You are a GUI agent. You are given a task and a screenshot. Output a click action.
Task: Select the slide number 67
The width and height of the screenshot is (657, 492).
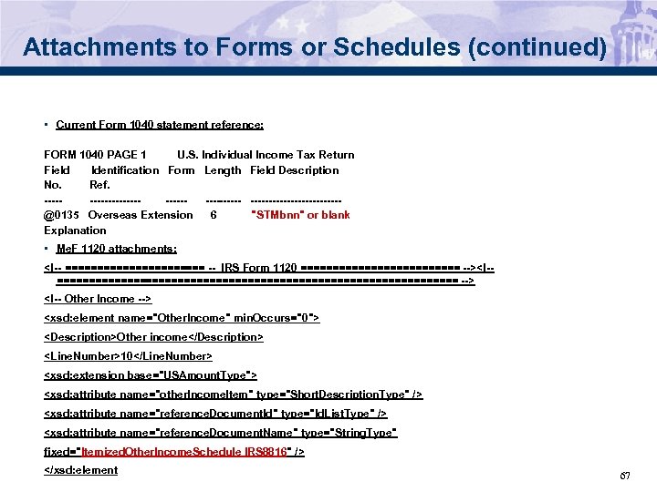(625, 477)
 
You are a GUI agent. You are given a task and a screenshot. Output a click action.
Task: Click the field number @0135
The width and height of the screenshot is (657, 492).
(61, 215)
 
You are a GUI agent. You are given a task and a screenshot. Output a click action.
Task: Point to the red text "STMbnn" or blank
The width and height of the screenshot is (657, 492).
(300, 215)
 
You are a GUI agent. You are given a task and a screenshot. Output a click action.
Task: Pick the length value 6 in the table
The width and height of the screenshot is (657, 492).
(214, 215)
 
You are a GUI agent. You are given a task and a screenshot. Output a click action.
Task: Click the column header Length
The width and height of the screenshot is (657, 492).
(223, 170)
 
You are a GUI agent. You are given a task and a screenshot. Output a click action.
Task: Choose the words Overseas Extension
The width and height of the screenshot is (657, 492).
(141, 215)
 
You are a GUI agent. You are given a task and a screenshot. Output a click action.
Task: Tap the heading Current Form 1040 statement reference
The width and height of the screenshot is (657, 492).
(160, 125)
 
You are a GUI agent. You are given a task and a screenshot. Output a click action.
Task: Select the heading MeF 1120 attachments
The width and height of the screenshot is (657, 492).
(116, 249)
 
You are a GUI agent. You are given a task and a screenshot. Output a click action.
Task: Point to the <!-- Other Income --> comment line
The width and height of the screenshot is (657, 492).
(98, 299)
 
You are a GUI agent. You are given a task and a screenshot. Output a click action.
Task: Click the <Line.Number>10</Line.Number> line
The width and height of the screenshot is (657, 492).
(128, 355)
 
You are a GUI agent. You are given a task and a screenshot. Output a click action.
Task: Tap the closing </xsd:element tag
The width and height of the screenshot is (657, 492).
(81, 470)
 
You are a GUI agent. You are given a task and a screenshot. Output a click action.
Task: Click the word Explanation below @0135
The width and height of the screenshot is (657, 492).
(75, 231)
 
